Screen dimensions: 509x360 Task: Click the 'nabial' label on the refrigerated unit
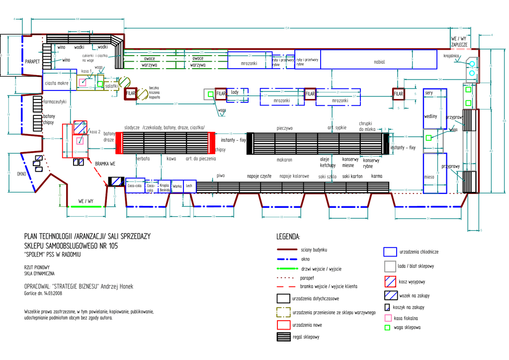point(379,62)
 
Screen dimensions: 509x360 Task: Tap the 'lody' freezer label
point(235,92)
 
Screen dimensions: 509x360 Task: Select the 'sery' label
point(429,93)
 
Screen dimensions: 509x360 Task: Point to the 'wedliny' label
point(430,116)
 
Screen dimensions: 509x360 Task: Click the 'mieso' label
point(429,177)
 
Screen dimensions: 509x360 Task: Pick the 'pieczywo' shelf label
point(285,128)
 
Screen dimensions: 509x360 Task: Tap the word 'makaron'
point(284,160)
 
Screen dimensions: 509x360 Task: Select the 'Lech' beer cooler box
point(189,186)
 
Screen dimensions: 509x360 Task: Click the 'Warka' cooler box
point(177,186)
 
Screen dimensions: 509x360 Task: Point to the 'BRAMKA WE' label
point(105,163)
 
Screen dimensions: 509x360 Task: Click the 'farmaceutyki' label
point(55,101)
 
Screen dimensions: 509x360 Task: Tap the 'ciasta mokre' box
point(57,83)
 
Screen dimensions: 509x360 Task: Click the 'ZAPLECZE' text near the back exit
point(459,45)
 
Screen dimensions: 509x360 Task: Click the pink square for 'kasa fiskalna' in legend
point(388,318)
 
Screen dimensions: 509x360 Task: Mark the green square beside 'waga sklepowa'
point(388,328)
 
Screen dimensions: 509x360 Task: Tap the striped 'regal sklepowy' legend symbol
point(283,337)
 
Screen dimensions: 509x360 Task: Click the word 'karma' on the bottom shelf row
point(377,177)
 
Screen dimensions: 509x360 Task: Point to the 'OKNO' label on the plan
point(21,174)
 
